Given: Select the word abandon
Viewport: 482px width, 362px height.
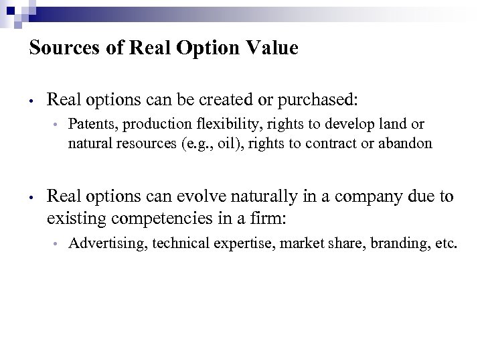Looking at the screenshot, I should (x=407, y=143).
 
